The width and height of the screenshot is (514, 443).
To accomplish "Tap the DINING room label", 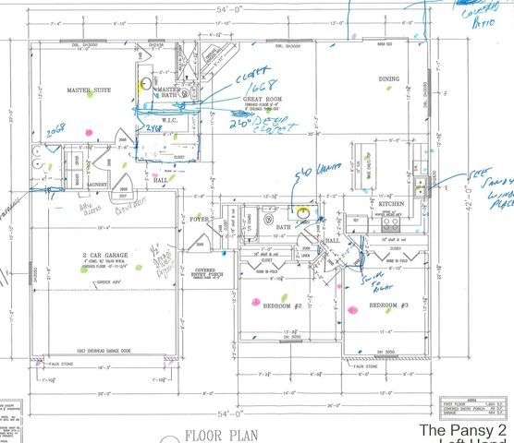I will [388, 80].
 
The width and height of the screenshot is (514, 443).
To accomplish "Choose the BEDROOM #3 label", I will [388, 305].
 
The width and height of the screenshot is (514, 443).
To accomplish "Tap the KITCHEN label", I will [391, 203].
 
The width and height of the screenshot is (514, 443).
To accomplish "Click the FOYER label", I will [201, 220].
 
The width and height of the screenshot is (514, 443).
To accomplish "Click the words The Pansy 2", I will [463, 431].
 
